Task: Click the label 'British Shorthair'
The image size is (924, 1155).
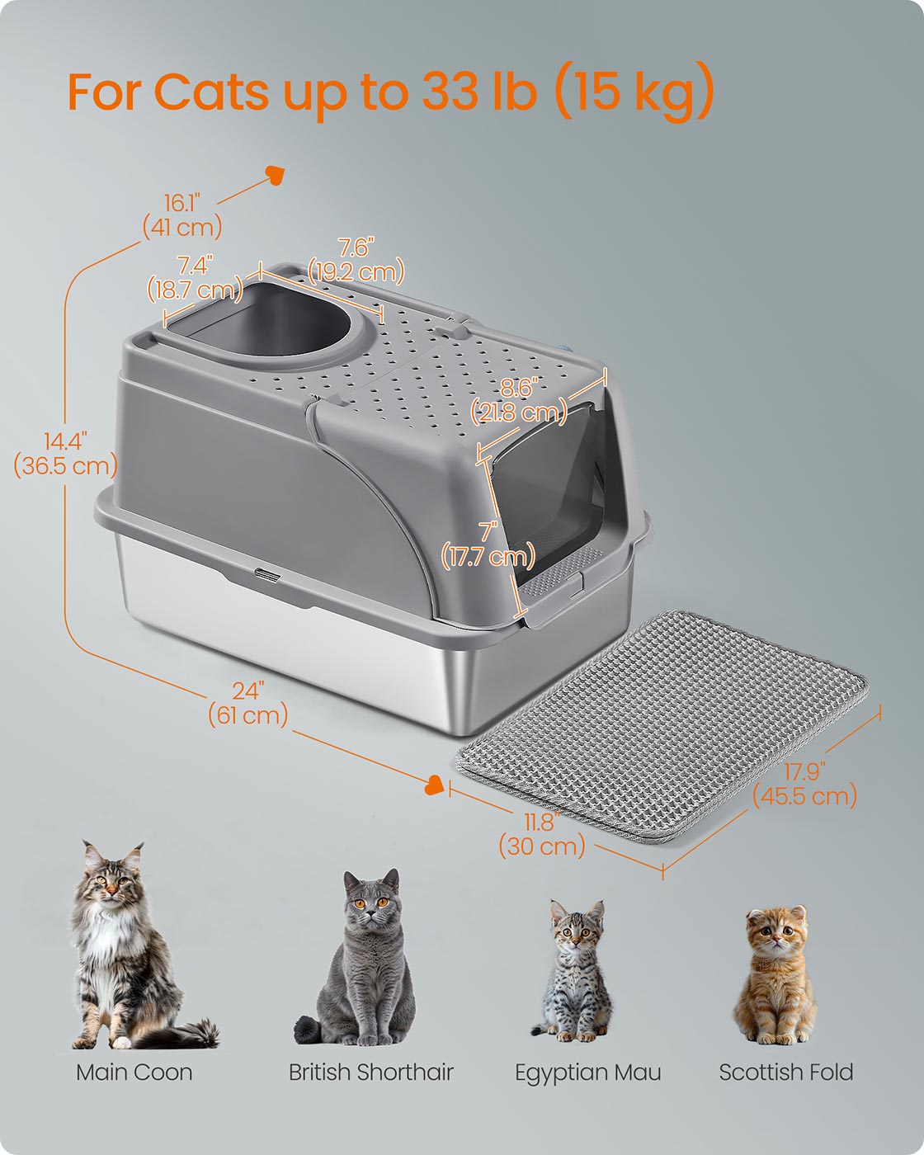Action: (371, 1072)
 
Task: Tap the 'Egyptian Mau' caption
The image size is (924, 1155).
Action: (588, 1072)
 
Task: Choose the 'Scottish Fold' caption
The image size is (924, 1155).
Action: (786, 1072)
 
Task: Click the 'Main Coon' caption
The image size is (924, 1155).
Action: (134, 1072)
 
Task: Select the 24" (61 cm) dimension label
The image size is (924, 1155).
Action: (248, 703)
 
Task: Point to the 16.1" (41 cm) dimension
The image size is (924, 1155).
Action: (181, 215)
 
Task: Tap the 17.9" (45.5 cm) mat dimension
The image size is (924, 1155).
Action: (805, 784)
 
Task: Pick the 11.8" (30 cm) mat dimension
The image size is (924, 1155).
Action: (542, 834)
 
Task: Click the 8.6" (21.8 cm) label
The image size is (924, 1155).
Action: (519, 400)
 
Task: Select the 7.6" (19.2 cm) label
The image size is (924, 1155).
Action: (356, 260)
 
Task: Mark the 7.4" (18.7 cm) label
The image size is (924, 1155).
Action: (196, 278)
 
